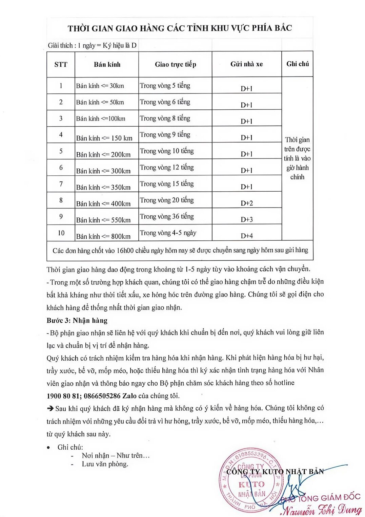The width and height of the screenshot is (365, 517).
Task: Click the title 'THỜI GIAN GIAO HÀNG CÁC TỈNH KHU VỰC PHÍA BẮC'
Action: pos(180,28)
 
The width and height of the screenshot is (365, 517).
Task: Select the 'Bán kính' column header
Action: pos(107,64)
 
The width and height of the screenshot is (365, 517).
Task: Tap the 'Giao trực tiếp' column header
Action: pos(176,64)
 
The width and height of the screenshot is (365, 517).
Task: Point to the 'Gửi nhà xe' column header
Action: pos(247,64)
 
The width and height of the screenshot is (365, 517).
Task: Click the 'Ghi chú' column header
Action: pos(298,64)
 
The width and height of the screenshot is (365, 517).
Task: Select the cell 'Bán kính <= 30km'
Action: pos(100,86)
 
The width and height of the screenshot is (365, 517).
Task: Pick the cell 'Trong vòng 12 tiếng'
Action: pos(167,167)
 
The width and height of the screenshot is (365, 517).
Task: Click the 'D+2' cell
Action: pos(247,203)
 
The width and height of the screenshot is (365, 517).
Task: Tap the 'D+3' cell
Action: pos(247,219)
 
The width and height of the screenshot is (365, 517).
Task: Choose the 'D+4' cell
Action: pos(247,236)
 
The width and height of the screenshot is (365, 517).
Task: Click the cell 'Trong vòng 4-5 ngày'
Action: pos(168,233)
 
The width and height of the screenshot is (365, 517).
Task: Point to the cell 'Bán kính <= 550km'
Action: pos(103,220)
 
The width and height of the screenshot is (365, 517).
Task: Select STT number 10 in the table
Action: pos(61,233)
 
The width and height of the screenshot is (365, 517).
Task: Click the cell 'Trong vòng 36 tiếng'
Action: pos(167,216)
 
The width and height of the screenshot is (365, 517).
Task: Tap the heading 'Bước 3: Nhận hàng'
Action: pos(77,320)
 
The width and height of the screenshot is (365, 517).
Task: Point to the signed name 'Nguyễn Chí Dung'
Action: pos(322,510)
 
